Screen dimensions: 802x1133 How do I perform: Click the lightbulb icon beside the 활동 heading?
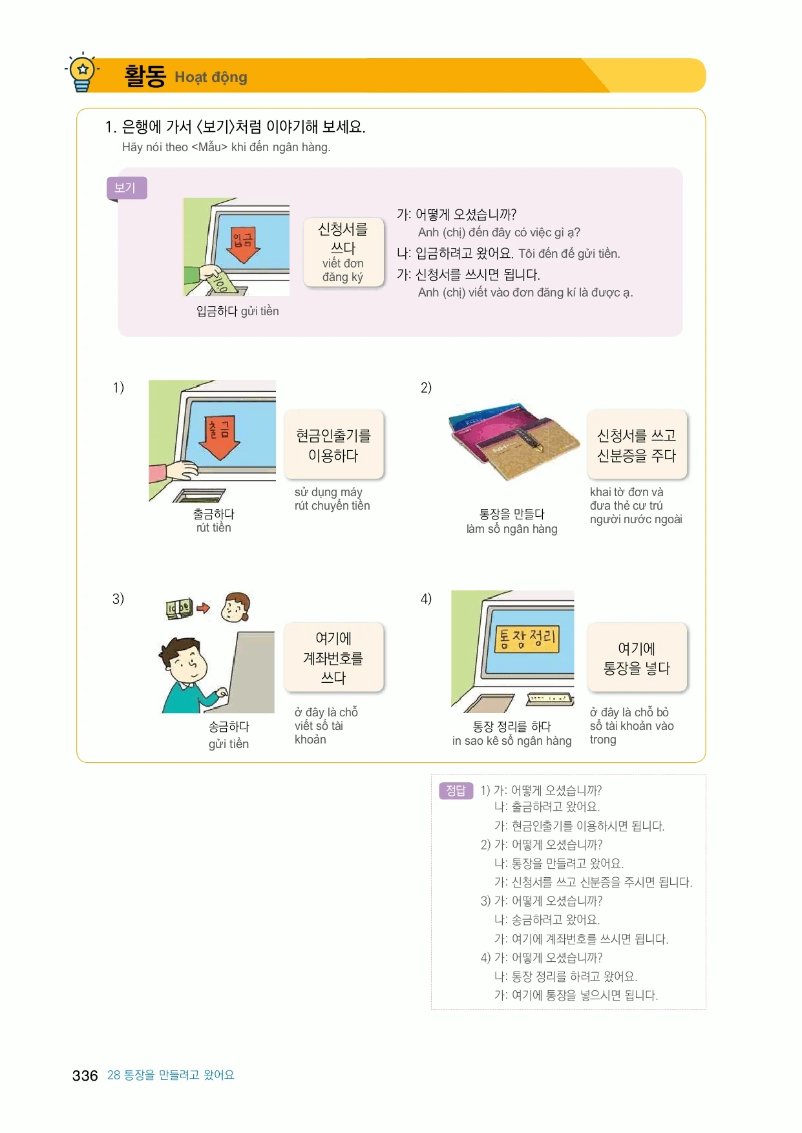pos(83,72)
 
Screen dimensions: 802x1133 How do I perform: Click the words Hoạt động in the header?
pos(211,78)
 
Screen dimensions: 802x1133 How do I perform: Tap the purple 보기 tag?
pos(126,188)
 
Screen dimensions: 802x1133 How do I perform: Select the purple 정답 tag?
pos(456,790)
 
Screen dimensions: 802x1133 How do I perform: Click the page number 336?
pos(85,1076)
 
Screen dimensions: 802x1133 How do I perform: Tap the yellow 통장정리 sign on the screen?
pos(527,638)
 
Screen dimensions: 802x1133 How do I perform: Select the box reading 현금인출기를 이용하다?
pos(333,445)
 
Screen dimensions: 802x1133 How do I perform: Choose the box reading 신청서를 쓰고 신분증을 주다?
pos(637,445)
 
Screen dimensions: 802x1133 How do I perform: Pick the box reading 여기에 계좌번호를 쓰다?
pos(333,658)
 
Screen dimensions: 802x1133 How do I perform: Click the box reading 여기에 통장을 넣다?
pos(637,658)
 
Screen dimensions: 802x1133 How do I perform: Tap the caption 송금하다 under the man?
pos(229,727)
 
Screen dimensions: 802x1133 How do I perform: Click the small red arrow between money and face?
pos(204,608)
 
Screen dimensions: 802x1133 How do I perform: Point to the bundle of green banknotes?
pos(179,608)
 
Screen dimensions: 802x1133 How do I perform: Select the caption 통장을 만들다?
pos(512,514)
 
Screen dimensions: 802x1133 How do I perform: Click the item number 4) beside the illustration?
pos(426,599)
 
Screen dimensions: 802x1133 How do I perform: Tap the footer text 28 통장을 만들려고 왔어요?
pos(171,1075)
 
